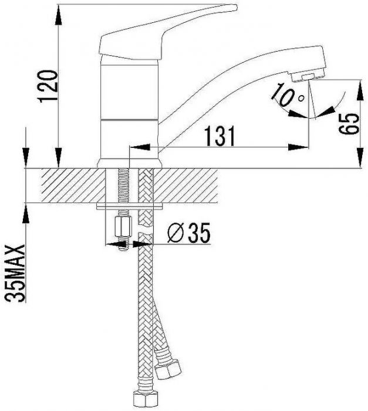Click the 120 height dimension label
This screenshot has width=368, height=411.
click(48, 86)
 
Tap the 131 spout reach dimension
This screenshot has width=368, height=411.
click(220, 136)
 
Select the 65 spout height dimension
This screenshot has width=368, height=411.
click(349, 124)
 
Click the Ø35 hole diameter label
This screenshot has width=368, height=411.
click(189, 233)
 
